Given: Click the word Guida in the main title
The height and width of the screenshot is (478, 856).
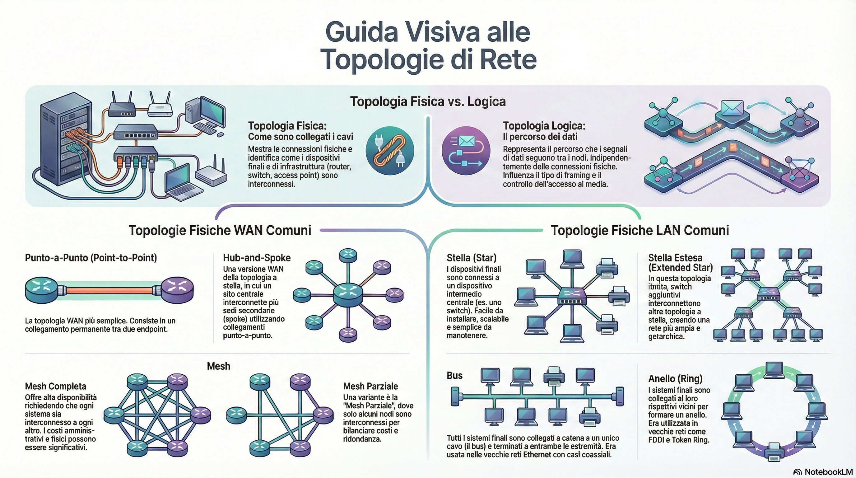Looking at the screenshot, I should coord(365,32).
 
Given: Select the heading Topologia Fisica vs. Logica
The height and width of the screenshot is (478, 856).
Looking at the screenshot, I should coord(428,102).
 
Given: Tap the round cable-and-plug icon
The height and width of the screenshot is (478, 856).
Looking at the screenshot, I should coord(389,151).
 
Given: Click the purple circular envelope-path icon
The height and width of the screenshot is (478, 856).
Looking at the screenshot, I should coord(466,151).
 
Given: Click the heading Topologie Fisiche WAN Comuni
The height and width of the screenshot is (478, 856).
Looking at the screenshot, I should coord(220,230).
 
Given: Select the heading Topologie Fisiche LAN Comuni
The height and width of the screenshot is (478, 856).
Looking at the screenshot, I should coord(640,230).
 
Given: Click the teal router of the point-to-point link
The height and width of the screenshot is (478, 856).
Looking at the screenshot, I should coord(42,290).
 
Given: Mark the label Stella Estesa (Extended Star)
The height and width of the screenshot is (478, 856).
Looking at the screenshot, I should coord(680,263).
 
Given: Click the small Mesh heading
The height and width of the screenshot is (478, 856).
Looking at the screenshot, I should coord(218,366).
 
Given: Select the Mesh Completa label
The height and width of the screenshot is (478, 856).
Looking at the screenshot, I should coord(55,386).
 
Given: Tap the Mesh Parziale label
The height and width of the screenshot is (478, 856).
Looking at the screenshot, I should coord(370,386).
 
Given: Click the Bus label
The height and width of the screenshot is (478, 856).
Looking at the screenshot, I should coord(454,376).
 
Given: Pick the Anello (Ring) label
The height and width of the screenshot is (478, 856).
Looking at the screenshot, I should coord(675,379).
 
